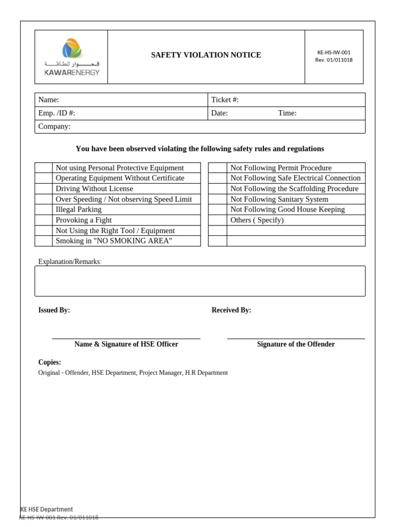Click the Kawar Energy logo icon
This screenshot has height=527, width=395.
point(71,49)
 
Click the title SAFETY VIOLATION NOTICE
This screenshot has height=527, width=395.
point(206,55)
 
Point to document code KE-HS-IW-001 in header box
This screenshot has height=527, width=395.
point(334,52)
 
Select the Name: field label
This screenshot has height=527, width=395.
point(49,100)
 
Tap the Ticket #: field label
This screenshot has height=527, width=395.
point(225,100)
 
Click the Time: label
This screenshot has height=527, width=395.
point(287,113)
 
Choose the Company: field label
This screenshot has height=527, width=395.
point(55,127)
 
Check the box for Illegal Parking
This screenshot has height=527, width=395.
point(44,209)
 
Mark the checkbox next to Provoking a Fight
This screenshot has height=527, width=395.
point(44,220)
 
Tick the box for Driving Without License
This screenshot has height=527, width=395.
point(44,189)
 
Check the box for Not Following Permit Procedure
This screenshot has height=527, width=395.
point(217,168)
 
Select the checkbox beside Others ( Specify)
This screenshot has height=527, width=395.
point(217,220)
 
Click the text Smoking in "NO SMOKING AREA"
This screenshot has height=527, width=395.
point(114,241)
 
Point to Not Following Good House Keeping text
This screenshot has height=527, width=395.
point(288,209)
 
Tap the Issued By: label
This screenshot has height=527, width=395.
point(54,310)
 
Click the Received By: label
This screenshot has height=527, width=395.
point(231,310)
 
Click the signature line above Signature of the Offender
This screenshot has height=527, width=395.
point(296,339)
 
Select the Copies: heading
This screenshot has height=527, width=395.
point(49,362)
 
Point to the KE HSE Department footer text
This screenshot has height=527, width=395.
point(46,510)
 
